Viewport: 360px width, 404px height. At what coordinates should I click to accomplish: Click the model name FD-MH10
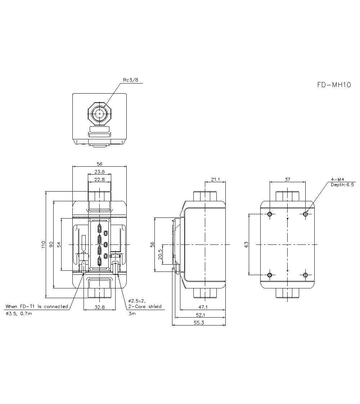334,85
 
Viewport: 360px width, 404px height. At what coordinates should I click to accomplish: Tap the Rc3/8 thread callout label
131,80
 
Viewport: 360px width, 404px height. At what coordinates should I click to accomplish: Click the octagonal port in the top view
100,113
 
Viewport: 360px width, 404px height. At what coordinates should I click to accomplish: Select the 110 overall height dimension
44,245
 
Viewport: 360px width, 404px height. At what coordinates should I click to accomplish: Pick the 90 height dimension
51,244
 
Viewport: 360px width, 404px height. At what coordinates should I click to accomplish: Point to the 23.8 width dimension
100,171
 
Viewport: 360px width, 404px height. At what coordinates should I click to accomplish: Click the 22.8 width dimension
100,179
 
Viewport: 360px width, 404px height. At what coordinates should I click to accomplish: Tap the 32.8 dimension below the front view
100,307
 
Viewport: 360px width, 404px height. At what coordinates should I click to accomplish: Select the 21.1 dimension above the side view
215,179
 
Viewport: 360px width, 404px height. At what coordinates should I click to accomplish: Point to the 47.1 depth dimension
203,307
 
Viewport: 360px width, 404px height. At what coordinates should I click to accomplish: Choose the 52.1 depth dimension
201,315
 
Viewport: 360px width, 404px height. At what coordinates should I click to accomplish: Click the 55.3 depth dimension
199,323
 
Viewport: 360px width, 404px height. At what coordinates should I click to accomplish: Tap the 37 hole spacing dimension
287,179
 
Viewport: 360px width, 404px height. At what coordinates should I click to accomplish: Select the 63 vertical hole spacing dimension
247,244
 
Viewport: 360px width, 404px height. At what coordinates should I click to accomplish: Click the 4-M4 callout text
337,179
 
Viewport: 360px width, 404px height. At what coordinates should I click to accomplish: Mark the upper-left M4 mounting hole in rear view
270,214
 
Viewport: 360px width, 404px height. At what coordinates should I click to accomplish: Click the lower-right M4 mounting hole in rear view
305,275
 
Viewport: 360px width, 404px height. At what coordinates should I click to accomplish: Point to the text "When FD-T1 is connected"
36,307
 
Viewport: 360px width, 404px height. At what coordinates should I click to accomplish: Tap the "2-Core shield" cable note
145,307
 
